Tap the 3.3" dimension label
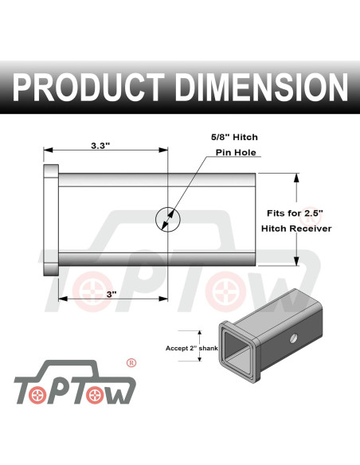101,146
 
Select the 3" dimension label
112,294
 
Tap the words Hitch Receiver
296,229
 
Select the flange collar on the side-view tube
50,219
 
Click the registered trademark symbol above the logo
131,362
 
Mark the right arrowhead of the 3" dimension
164,299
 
